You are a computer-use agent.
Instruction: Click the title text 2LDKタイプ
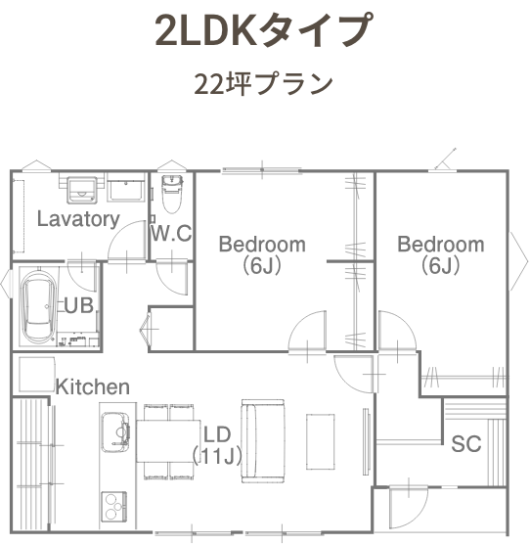264,29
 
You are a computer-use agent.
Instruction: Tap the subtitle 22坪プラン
263,84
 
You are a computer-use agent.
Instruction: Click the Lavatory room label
78,219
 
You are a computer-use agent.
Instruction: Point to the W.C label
171,233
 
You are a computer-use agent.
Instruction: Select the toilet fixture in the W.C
172,194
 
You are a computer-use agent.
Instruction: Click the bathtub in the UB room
39,306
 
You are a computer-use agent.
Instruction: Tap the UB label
79,305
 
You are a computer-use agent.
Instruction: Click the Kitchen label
93,386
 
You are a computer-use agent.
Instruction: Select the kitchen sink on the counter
115,432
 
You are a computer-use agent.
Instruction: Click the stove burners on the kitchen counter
114,506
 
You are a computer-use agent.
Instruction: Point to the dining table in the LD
169,440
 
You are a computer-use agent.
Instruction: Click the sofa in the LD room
263,441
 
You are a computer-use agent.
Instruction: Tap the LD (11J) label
217,446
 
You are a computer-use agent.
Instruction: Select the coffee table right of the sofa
321,441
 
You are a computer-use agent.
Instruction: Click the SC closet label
466,443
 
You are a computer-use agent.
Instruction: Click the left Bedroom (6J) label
262,255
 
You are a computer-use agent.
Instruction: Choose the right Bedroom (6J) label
441,255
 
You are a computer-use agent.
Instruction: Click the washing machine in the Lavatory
82,190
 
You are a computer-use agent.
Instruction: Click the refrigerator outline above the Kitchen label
37,375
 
